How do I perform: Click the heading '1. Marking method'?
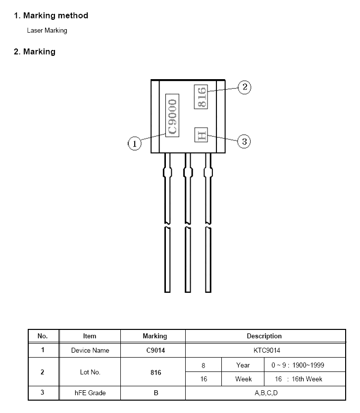[x=51, y=16]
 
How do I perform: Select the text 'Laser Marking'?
[x=47, y=31]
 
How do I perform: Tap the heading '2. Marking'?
[x=35, y=52]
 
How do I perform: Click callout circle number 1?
[x=135, y=144]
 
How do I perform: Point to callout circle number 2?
[x=244, y=88]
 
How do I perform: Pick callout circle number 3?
[x=244, y=142]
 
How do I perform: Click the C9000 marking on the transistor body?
[x=172, y=116]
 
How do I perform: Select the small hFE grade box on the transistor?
[x=201, y=135]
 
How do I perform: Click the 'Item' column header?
[x=90, y=336]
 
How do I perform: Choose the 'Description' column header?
[x=264, y=336]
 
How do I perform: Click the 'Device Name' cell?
[x=90, y=351]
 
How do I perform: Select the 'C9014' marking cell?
[x=155, y=351]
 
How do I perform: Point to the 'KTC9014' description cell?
[x=264, y=351]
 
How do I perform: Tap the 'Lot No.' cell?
[x=90, y=372]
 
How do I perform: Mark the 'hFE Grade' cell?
[x=90, y=394]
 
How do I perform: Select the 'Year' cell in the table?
[x=243, y=366]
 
